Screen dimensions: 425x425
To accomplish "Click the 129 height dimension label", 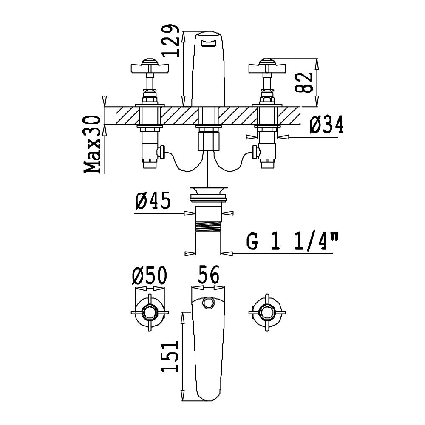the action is [171, 41].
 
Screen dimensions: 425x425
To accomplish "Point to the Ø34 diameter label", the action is [326, 125].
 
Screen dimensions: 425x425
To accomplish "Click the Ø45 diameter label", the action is [153, 201].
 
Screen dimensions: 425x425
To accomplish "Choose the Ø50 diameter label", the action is [149, 275].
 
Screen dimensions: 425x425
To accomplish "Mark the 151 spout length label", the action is [170, 356].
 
